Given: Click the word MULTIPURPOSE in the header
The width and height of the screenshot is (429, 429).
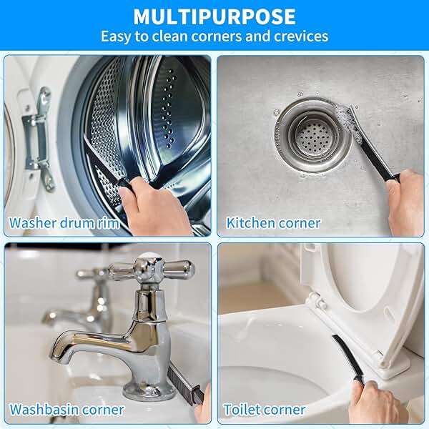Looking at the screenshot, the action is tap(214, 17).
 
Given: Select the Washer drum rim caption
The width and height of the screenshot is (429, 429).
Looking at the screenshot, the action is tap(64, 223).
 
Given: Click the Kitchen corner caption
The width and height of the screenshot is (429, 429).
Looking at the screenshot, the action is tap(273, 223).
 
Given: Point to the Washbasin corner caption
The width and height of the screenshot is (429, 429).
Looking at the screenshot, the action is tap(66, 410).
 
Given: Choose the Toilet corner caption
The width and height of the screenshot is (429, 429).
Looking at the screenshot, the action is tap(265, 410).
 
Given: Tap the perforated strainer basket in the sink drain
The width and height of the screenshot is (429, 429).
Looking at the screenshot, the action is tap(315, 136).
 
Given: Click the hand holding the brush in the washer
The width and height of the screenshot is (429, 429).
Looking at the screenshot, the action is tap(155, 205).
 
